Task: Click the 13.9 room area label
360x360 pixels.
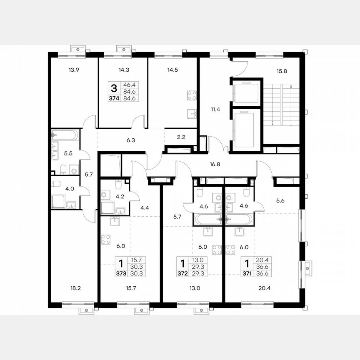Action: (73, 70)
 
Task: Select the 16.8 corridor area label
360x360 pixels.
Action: (215, 164)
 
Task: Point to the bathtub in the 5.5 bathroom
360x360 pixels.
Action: (65, 135)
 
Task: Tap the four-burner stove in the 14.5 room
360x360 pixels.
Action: (192, 95)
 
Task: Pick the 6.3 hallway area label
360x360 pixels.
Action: (130, 140)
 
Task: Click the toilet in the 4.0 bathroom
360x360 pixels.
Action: (57, 183)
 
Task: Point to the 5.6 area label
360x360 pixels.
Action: (280, 200)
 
